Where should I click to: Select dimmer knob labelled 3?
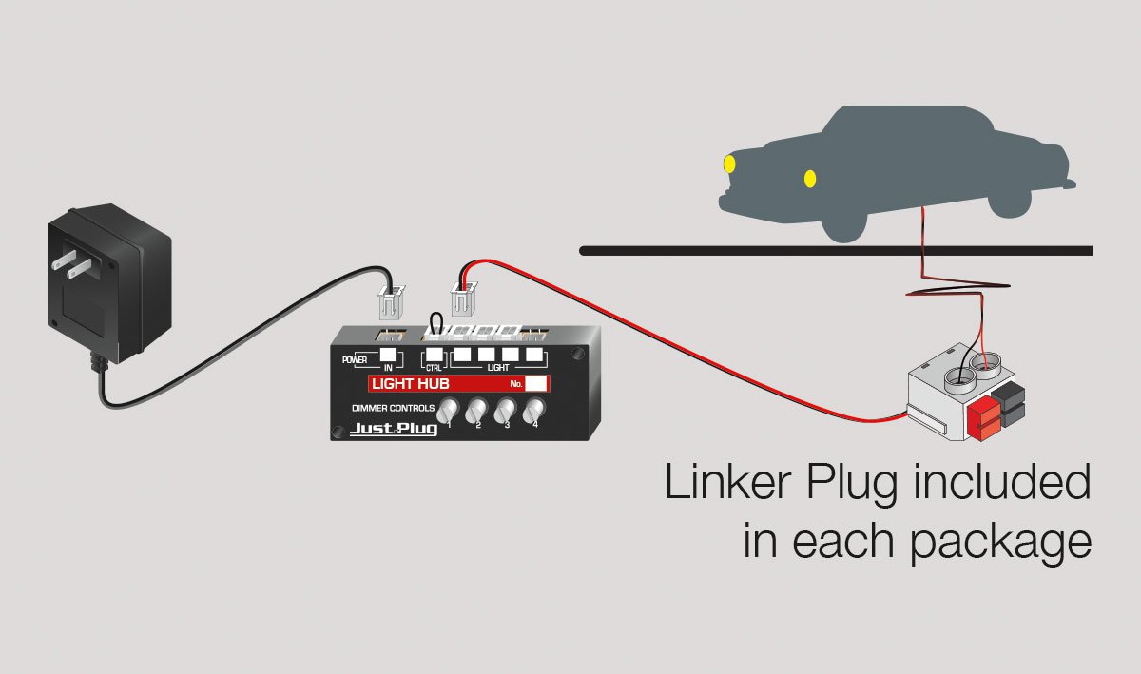point(507,411)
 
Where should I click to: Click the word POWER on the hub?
point(355,360)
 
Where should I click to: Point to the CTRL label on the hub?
point(434,367)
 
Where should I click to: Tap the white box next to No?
point(536,384)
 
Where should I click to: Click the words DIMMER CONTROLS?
point(393,408)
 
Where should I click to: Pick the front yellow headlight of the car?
point(729,164)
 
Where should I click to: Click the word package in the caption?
point(998,542)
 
